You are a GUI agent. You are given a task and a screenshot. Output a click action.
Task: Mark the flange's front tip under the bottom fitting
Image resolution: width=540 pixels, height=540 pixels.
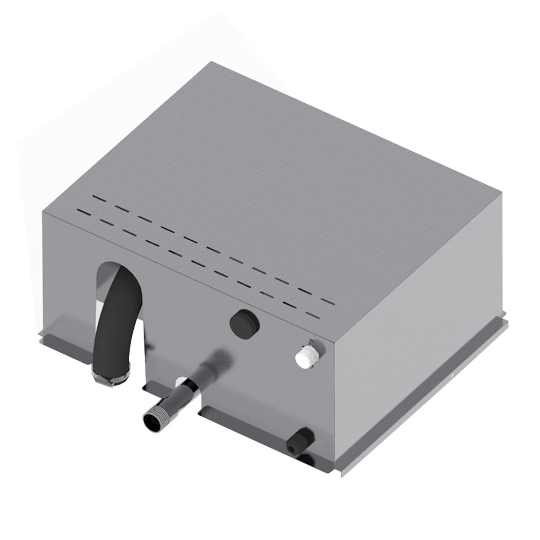[342, 475]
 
